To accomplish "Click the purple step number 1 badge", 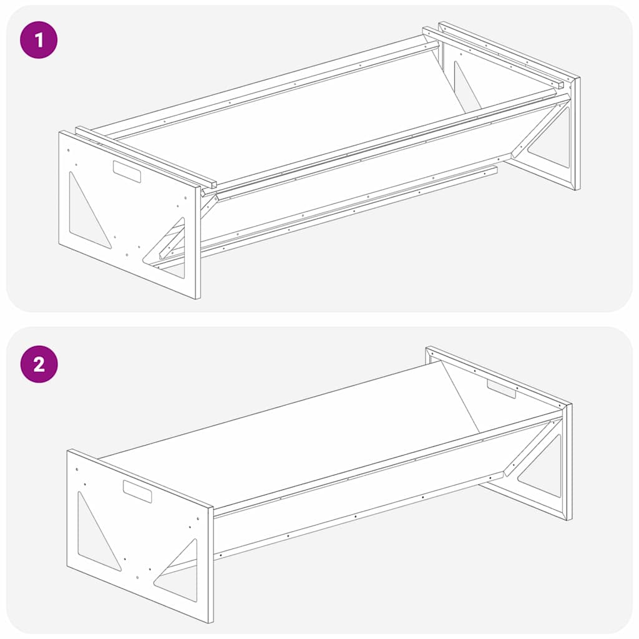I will click(x=39, y=41).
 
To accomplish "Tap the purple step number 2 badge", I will click(x=39, y=364).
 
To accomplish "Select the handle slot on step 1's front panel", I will click(x=127, y=171).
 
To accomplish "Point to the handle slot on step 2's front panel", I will click(x=137, y=491).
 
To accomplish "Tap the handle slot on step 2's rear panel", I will click(x=501, y=389).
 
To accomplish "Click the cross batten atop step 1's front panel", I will click(x=145, y=157).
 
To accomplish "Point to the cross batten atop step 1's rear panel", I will click(x=493, y=57).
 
